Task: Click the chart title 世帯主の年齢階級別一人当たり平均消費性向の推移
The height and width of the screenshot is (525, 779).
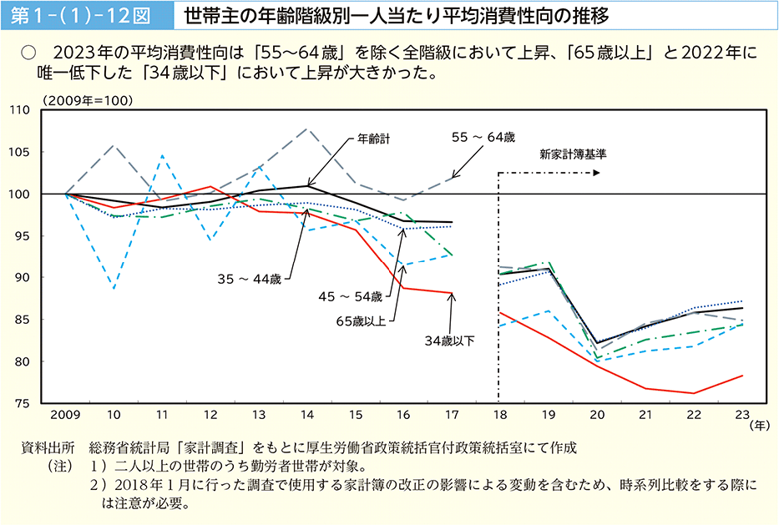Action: pyautogui.click(x=396, y=16)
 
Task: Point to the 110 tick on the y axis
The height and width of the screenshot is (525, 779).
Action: pyautogui.click(x=43, y=110)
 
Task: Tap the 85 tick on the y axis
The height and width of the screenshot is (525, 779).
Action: pyautogui.click(x=46, y=320)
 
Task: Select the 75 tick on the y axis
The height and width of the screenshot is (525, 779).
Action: pyautogui.click(x=46, y=403)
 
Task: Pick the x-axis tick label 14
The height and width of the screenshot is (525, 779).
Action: pyautogui.click(x=307, y=415)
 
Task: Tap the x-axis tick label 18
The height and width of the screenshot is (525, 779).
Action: pyautogui.click(x=501, y=415)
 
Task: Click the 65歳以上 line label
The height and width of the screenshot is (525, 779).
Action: pyautogui.click(x=361, y=321)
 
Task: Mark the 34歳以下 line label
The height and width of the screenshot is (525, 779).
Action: pyautogui.click(x=449, y=341)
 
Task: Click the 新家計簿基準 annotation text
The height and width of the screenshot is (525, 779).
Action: pyautogui.click(x=572, y=154)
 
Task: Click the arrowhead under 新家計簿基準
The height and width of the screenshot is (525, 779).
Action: pyautogui.click(x=597, y=174)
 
